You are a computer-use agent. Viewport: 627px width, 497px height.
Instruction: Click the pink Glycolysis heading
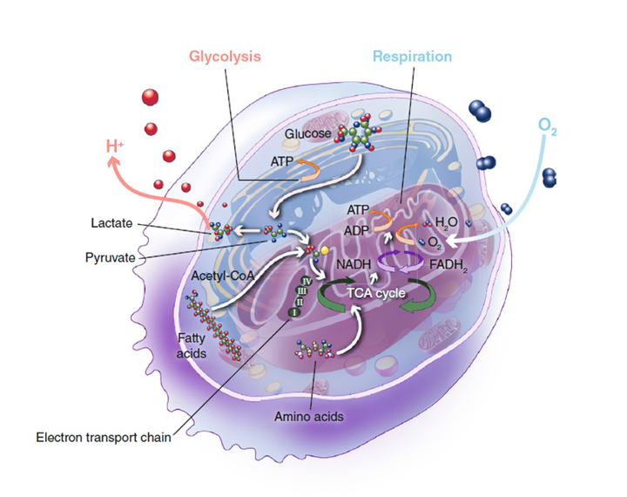pos(225,57)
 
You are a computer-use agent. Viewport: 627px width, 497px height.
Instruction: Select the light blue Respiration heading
pos(412,57)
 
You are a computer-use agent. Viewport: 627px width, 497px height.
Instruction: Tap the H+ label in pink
pos(115,146)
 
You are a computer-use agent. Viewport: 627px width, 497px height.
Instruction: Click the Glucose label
pos(307,133)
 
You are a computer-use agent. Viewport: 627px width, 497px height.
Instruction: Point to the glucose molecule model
pos(359,133)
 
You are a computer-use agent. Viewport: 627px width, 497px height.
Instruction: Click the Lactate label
pos(111,222)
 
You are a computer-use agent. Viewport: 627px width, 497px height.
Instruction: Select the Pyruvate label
pos(111,257)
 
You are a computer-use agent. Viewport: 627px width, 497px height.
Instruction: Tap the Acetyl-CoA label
pos(222,276)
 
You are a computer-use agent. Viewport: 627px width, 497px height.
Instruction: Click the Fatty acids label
pos(192,345)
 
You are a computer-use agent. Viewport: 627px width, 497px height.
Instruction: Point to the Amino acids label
pos(308,417)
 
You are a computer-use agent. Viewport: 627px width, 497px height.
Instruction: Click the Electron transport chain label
pos(104,437)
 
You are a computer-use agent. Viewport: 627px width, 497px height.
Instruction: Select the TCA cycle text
pos(376,293)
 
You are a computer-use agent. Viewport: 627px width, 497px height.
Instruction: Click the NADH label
pos(354,264)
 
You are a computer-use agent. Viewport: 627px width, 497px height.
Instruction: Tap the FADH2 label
pos(448,265)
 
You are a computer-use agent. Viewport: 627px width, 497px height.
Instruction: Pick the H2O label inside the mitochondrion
pos(446,222)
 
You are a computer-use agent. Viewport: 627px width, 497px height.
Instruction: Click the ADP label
pos(356,231)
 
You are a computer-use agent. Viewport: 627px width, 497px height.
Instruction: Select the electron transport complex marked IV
pos(307,281)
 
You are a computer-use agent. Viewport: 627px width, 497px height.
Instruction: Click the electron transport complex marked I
pos(294,312)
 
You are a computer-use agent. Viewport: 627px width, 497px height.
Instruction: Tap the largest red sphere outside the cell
pos(150,98)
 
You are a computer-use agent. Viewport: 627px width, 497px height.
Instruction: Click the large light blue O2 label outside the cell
pos(548,126)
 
